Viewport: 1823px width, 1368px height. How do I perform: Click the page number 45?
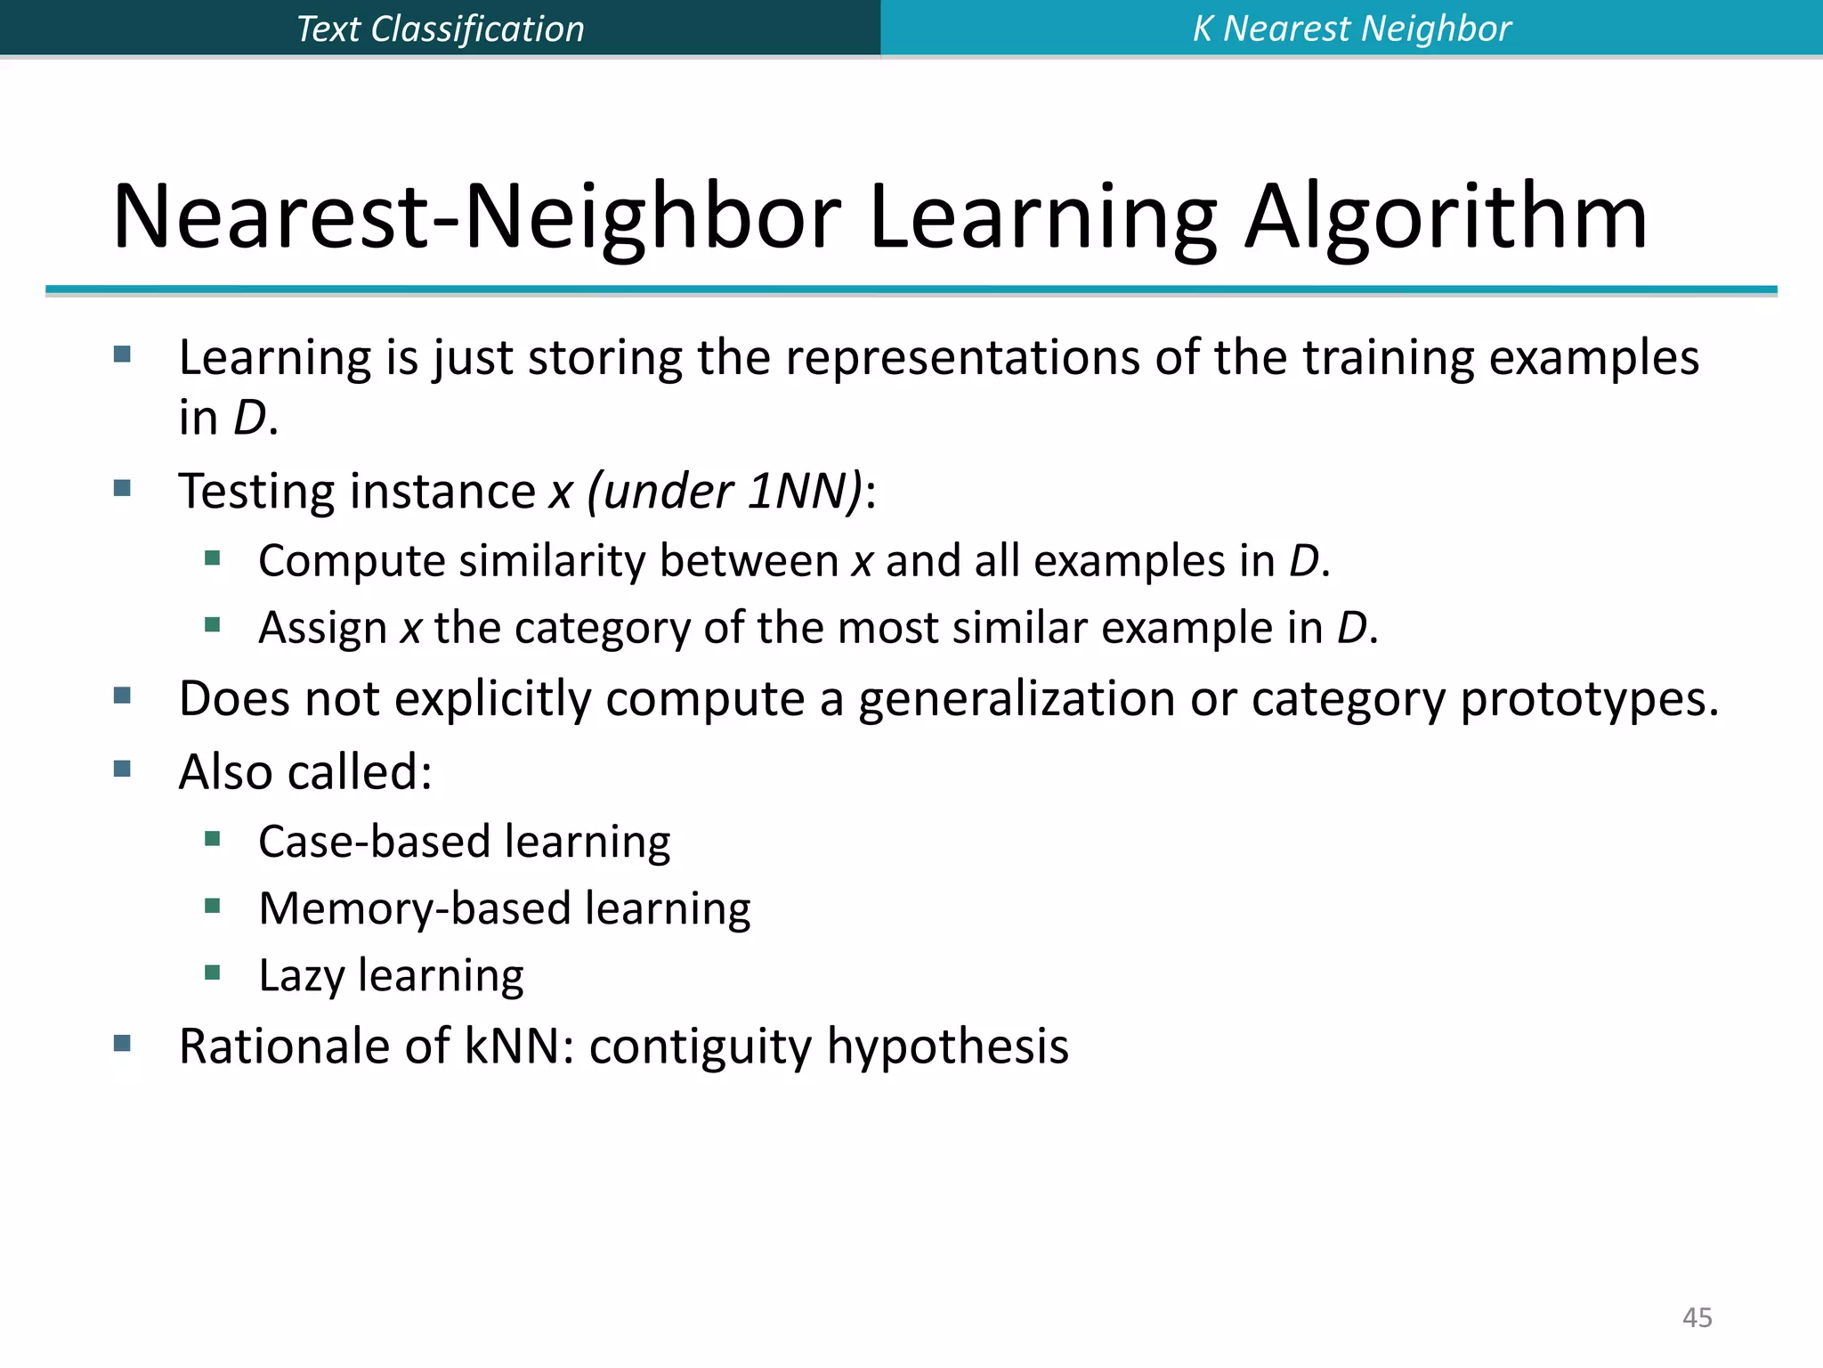pyautogui.click(x=1697, y=1317)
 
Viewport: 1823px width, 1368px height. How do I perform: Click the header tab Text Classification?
pyautogui.click(x=440, y=28)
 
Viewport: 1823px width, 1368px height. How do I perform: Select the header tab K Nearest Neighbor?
pyautogui.click(x=1351, y=28)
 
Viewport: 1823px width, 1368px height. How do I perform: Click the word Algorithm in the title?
pyautogui.click(x=1446, y=217)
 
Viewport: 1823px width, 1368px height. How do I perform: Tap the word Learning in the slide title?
pyautogui.click(x=1042, y=217)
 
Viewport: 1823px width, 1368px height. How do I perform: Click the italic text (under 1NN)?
pyautogui.click(x=725, y=492)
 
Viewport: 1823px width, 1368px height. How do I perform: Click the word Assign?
pyautogui.click(x=322, y=629)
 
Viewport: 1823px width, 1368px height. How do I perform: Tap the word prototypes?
pyautogui.click(x=1589, y=699)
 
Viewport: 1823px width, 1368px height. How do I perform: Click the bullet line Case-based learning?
pyautogui.click(x=464, y=842)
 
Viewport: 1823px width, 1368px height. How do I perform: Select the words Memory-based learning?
pyautogui.click(x=504, y=908)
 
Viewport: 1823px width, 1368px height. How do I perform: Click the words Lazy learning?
pyautogui.click(x=391, y=975)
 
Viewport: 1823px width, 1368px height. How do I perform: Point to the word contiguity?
pyautogui.click(x=700, y=1046)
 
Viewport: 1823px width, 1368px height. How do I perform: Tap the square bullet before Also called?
pyautogui.click(x=123, y=769)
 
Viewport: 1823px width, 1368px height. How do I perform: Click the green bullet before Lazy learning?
pyautogui.click(x=212, y=973)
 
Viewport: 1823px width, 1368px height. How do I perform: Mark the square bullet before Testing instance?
pyautogui.click(x=123, y=488)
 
